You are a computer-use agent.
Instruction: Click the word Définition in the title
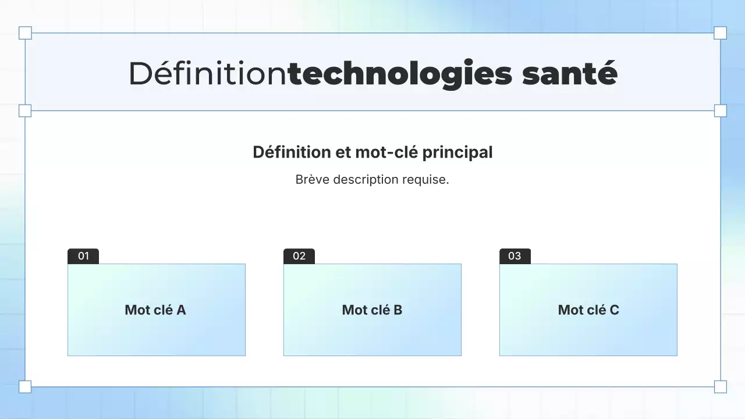coord(208,74)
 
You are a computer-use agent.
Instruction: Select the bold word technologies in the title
coord(400,74)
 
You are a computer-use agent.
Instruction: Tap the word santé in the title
coord(569,74)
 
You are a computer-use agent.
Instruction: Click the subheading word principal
coord(457,152)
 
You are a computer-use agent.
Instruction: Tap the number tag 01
coord(83,256)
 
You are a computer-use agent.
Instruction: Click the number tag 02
coord(299,256)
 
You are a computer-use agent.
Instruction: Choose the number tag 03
coord(515,256)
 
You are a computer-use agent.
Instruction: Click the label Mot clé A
coord(155,310)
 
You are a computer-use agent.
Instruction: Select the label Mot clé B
coord(372,310)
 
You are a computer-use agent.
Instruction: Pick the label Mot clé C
coord(588,310)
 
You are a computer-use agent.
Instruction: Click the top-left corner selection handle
coord(25,33)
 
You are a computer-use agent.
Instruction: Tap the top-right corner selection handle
coord(720,33)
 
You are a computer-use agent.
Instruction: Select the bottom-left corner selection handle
coord(25,386)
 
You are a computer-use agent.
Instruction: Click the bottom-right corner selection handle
coord(720,386)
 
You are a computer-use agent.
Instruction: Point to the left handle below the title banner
coord(25,111)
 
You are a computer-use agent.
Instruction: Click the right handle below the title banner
coord(720,111)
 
